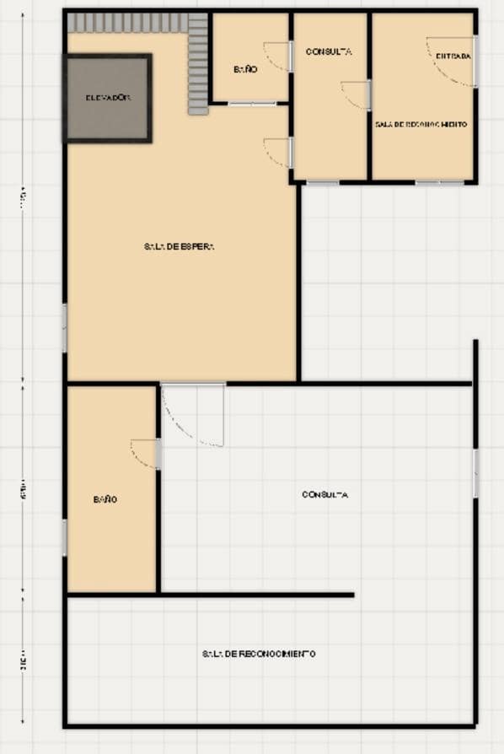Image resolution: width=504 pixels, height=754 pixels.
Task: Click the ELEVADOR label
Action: (108, 98)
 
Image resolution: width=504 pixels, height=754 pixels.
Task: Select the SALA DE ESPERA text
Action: (180, 247)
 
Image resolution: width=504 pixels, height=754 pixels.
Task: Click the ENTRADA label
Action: (453, 57)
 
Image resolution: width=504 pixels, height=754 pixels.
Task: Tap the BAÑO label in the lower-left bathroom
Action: (105, 499)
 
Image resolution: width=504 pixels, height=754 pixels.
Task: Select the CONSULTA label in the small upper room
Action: (329, 51)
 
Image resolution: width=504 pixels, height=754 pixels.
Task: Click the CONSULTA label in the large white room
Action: (324, 495)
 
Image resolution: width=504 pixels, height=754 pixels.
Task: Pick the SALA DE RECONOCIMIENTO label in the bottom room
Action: (259, 654)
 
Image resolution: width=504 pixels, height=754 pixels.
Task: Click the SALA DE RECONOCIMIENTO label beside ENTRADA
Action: (421, 124)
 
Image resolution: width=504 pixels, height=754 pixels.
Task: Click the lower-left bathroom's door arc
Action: (144, 453)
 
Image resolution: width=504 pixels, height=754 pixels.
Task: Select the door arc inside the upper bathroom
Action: (276, 57)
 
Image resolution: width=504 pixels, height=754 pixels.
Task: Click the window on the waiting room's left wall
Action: (64, 327)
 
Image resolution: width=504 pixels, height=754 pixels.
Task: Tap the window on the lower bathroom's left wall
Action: (64, 537)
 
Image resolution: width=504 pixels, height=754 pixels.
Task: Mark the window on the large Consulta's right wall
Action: (475, 473)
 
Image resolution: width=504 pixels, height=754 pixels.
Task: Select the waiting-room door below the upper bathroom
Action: (277, 151)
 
